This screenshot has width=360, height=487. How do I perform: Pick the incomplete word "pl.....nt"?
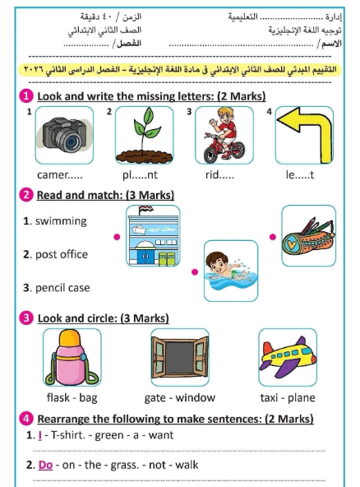tap(141, 174)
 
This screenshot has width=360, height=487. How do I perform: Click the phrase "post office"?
tap(62, 254)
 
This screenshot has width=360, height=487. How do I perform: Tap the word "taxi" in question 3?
tap(270, 397)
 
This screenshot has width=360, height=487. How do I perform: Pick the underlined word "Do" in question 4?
tap(45, 465)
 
